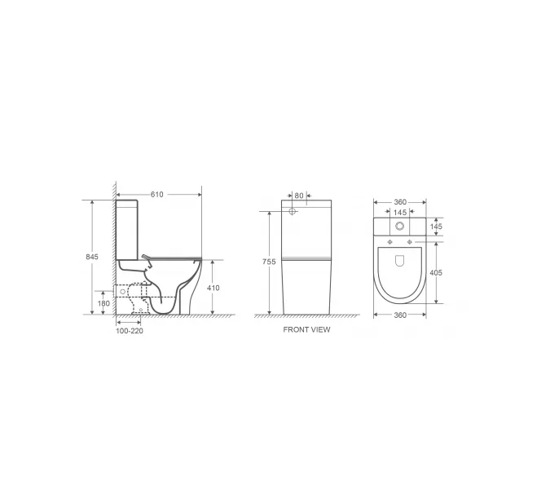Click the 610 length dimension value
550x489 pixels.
[157, 194]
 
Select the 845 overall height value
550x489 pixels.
[92, 257]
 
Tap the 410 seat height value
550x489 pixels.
[213, 288]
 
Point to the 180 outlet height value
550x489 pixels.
[103, 303]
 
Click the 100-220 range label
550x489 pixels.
[129, 331]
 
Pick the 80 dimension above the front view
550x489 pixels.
[299, 196]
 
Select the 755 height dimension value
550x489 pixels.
[270, 262]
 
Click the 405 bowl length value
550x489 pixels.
[435, 273]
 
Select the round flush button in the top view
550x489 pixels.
[399, 226]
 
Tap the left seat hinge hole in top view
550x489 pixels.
[389, 243]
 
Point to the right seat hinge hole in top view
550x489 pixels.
[410, 243]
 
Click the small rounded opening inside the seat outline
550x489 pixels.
[399, 261]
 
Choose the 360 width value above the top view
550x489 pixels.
[399, 202]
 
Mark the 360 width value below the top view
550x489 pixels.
[399, 315]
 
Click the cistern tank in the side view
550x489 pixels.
[130, 228]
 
